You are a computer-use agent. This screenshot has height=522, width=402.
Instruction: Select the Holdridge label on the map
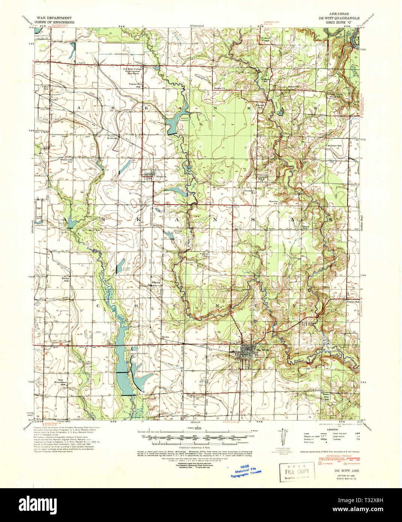[112, 138]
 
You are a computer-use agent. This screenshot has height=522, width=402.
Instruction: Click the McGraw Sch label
[334, 146]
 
